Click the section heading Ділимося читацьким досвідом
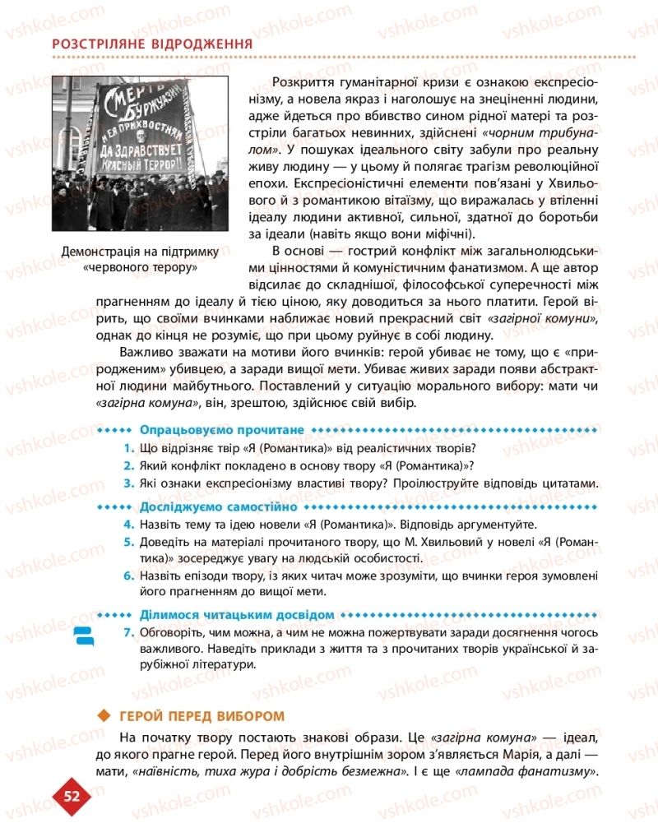(x=237, y=614)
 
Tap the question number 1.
(x=129, y=448)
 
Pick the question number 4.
(x=129, y=525)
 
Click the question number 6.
(x=129, y=576)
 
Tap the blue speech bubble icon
(x=86, y=636)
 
